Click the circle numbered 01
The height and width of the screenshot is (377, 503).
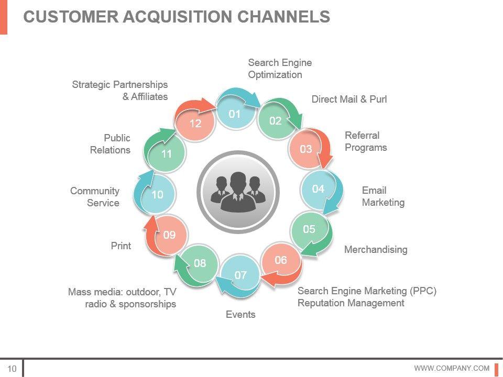pos(234,113)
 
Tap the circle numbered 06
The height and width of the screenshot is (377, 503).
pos(281,260)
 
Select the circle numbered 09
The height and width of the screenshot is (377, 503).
pos(169,235)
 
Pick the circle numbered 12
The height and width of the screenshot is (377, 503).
pos(195,124)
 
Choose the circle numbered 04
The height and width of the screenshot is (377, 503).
pos(318,189)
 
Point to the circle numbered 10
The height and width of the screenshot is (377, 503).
pos(157,195)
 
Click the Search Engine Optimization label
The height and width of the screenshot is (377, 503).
pos(280,69)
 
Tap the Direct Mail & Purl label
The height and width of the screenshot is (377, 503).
pos(349,99)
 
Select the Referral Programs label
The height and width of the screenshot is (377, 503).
pos(366,141)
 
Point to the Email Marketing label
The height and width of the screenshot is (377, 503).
pos(383,196)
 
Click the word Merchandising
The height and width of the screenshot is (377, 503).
pos(376,250)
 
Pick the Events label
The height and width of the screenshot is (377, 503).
pos(240,315)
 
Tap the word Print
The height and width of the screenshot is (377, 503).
pos(121,246)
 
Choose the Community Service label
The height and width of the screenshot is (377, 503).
pos(95,197)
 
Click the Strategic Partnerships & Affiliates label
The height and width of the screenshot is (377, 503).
pos(120,91)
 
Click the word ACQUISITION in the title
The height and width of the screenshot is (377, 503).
pos(178,17)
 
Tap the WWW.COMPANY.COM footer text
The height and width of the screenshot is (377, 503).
pos(452,368)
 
